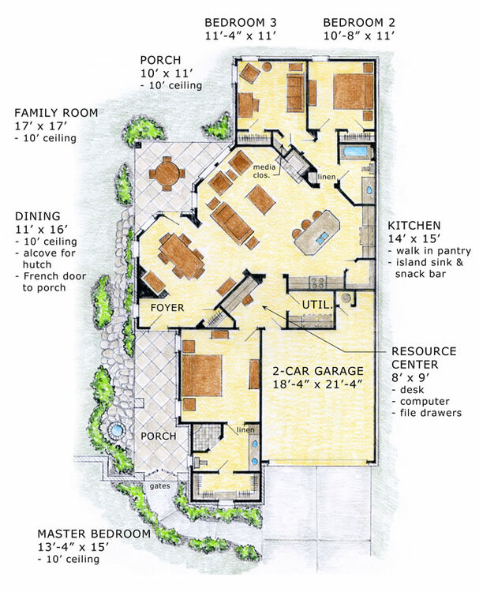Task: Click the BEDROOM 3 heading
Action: [239, 21]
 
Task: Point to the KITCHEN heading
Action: [414, 225]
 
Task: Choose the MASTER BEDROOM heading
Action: [86, 534]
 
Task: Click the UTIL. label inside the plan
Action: [315, 303]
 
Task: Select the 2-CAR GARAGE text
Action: [318, 370]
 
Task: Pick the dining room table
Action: [181, 254]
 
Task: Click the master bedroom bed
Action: [202, 376]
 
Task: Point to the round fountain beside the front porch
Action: [116, 431]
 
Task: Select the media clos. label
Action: [262, 171]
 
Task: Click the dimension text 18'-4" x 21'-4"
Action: [318, 384]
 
